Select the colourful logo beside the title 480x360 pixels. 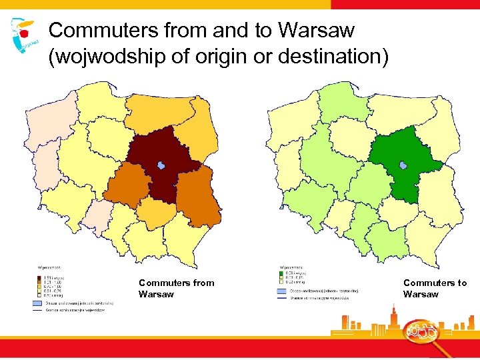(24, 35)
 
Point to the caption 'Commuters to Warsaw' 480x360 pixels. (435, 288)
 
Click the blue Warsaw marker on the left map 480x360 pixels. (161, 165)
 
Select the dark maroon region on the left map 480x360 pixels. (160, 150)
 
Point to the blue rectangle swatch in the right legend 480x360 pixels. (281, 291)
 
